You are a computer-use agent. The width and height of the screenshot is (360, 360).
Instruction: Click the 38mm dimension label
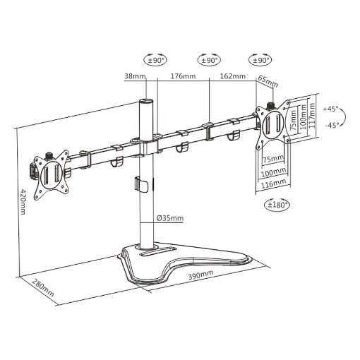tap(136, 76)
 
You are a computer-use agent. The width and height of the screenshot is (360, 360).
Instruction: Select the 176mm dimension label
tap(183, 76)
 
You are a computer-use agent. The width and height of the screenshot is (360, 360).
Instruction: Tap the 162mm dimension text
tap(233, 76)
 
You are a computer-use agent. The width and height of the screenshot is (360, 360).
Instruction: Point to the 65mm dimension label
tap(268, 81)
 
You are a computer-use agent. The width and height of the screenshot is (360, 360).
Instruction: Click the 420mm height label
tap(22, 201)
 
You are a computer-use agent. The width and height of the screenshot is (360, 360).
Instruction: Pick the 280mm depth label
tap(43, 288)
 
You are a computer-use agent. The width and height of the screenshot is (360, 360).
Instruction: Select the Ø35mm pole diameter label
tap(170, 218)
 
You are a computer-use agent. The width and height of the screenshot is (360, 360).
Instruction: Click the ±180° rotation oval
tap(277, 205)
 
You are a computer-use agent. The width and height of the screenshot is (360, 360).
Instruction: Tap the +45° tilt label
tap(330, 109)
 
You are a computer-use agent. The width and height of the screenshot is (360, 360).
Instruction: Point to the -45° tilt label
tap(332, 126)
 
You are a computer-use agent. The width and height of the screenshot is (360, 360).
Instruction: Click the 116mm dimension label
tap(273, 183)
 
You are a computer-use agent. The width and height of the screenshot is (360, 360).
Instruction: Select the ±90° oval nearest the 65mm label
tap(260, 61)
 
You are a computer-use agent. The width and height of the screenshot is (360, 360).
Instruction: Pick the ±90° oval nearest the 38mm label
tap(155, 61)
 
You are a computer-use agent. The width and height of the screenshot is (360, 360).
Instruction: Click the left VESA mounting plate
tap(52, 175)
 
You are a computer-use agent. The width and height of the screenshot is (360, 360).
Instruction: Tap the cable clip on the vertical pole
tap(140, 185)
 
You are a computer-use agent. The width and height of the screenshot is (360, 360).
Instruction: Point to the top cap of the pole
tap(146, 102)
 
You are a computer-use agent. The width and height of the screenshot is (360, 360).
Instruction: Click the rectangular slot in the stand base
tap(158, 252)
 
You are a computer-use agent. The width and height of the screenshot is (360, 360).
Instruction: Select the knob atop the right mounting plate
tap(270, 106)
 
